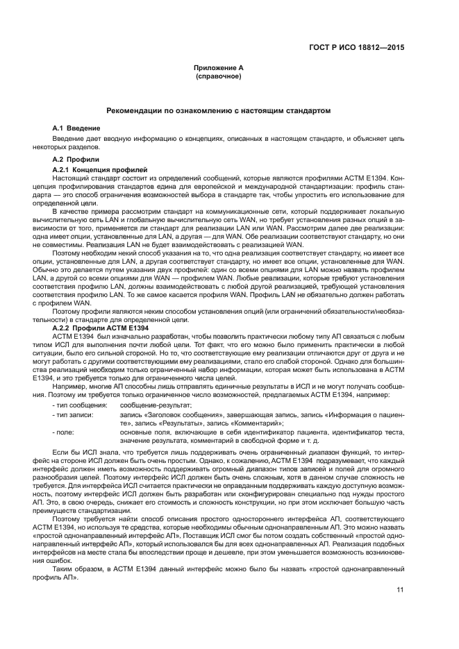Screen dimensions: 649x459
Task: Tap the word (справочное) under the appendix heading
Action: [x=218, y=76]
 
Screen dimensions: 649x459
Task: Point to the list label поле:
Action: [x=67, y=431]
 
